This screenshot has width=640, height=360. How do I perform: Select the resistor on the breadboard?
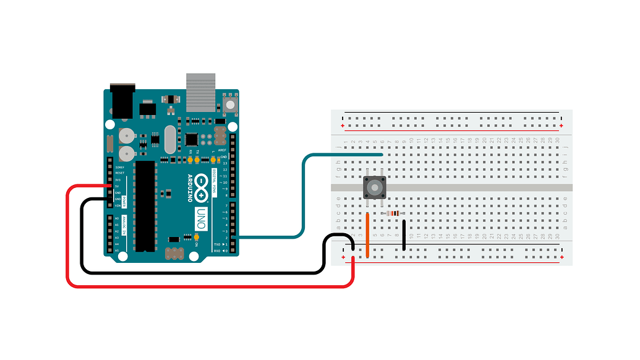[x=393, y=213]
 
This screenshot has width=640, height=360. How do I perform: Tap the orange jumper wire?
[x=368, y=234]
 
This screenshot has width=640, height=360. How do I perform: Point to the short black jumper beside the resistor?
[x=404, y=235]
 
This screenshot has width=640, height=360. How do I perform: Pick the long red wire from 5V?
[x=67, y=247]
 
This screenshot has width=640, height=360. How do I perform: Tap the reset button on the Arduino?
[x=230, y=103]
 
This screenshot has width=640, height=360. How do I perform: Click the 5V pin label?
[x=118, y=186]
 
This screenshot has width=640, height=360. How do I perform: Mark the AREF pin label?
[x=221, y=150]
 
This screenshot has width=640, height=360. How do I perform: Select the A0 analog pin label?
[x=117, y=218]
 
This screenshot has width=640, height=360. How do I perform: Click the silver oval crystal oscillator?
[x=170, y=140]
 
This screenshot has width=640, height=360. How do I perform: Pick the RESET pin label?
[x=120, y=173]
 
